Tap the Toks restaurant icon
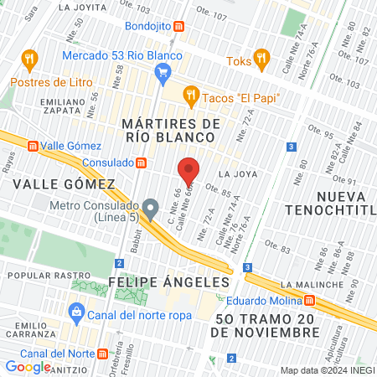pyautogui.click(x=261, y=59)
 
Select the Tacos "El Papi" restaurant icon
pyautogui.click(x=191, y=96)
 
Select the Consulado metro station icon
pyautogui.click(x=142, y=163)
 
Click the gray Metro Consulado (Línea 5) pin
pyautogui.click(x=151, y=207)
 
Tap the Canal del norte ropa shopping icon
pyautogui.click(x=76, y=315)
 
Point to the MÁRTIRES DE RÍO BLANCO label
pyautogui.click(x=171, y=132)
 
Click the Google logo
pyautogui.click(x=28, y=366)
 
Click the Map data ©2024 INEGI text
pyautogui.click(x=326, y=370)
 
